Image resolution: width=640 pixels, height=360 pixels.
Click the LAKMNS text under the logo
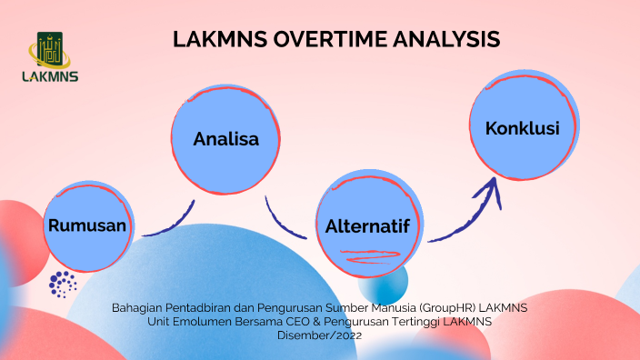click(x=50, y=77)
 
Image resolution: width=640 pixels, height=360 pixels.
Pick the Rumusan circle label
click(x=87, y=225)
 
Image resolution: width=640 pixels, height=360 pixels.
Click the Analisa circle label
click(x=225, y=139)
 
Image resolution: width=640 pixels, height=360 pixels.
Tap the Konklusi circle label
click(x=522, y=128)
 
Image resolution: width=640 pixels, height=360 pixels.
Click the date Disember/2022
click(x=320, y=335)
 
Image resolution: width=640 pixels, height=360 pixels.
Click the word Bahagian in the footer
click(x=136, y=308)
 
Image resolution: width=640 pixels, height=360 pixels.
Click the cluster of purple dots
click(x=63, y=284)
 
